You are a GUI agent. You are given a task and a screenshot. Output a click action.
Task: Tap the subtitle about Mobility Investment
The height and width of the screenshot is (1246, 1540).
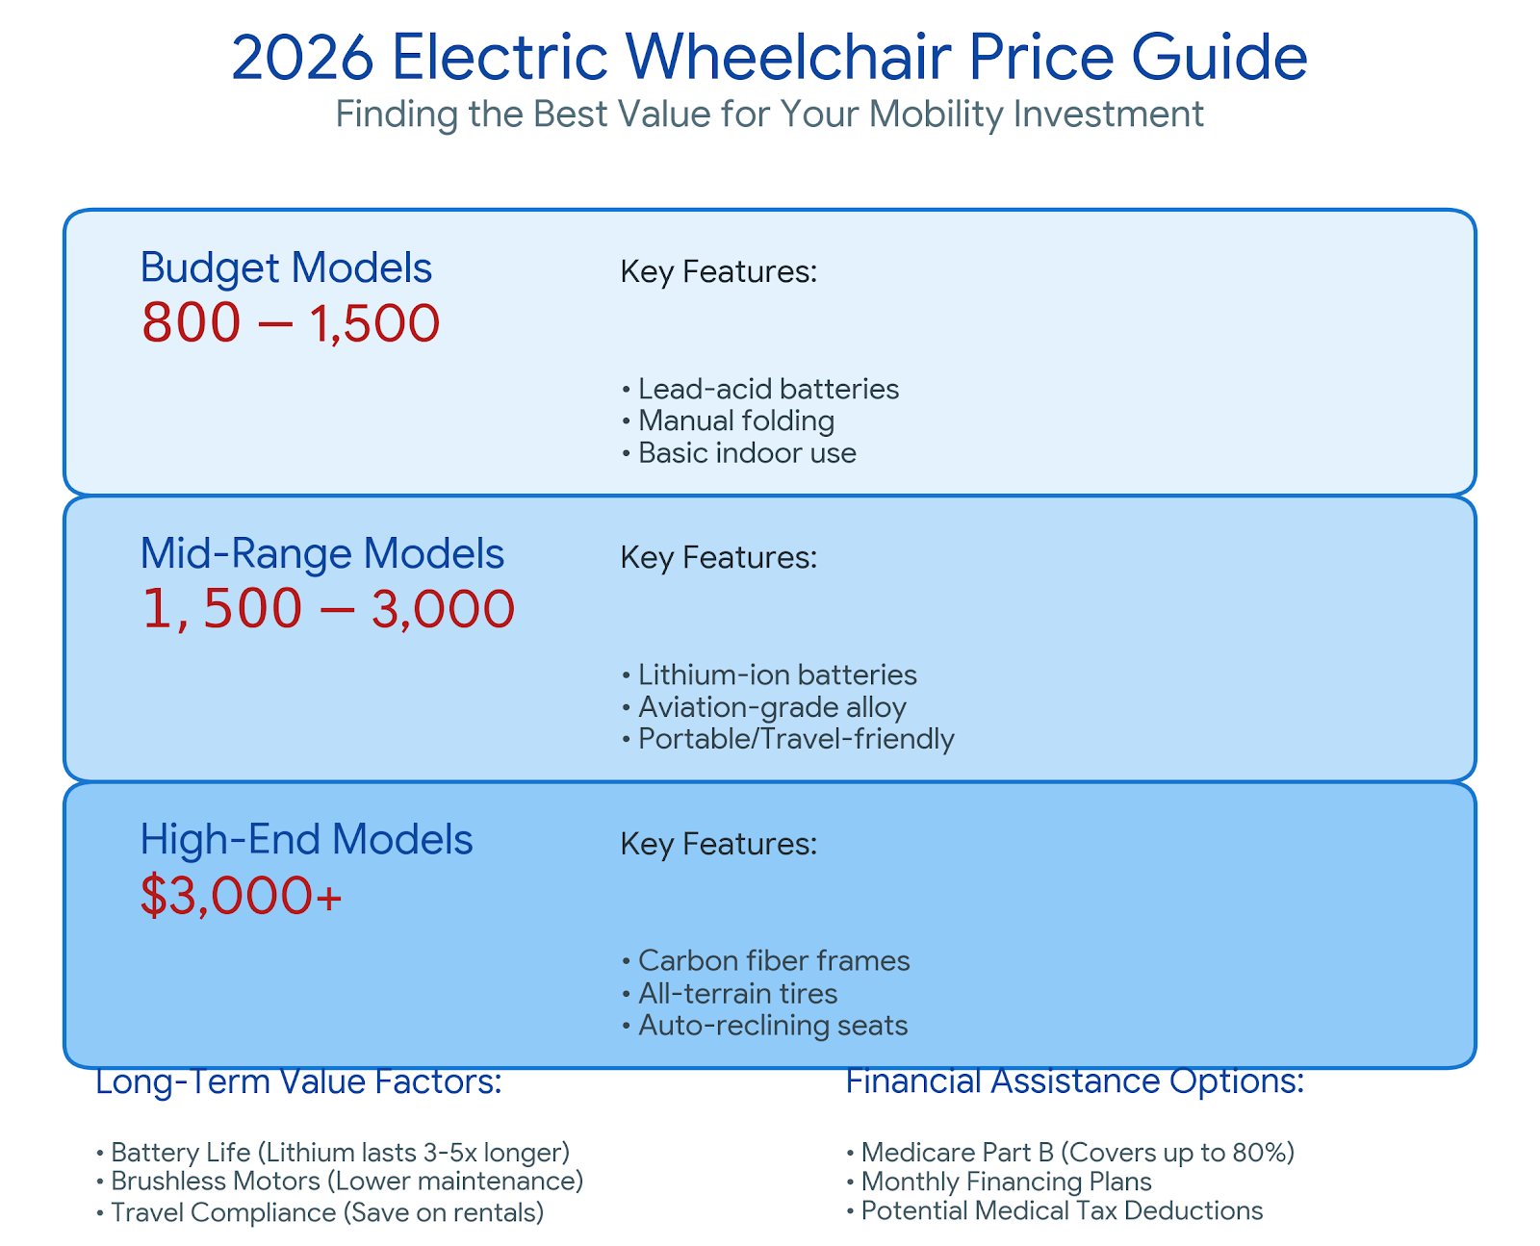tap(769, 114)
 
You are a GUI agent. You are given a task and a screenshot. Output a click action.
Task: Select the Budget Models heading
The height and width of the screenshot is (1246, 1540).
tap(286, 267)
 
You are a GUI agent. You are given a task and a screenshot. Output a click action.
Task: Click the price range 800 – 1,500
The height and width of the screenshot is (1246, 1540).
tap(291, 323)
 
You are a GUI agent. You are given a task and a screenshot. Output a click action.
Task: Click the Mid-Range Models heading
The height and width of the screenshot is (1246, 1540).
tap(321, 554)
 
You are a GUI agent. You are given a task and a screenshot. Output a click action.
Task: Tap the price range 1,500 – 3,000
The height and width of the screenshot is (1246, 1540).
tap(327, 610)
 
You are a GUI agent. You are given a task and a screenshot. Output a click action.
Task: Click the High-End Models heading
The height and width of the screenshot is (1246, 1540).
tap(306, 840)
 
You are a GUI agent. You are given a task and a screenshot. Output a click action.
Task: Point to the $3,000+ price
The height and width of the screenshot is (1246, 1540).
tap(241, 897)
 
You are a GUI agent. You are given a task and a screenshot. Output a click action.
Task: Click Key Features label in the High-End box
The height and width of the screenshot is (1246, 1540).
tap(718, 844)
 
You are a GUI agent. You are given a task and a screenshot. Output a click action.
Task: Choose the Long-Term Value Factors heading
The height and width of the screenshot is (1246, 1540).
tap(298, 1082)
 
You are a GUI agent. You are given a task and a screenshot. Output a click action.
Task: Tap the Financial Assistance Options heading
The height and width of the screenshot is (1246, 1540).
tap(1074, 1081)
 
